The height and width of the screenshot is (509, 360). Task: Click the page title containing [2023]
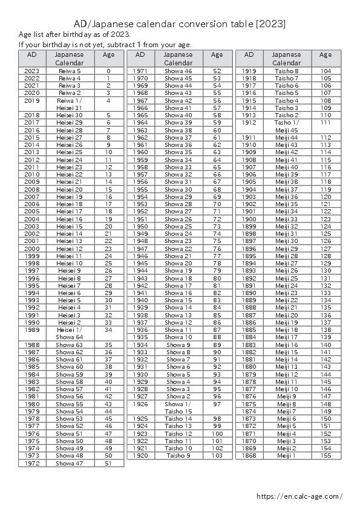(x=180, y=24)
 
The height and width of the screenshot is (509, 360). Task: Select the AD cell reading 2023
(x=32, y=71)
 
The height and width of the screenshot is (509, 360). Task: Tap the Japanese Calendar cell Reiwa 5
(x=70, y=71)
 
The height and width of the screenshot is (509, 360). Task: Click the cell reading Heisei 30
(x=70, y=115)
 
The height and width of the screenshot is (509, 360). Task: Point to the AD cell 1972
(x=32, y=463)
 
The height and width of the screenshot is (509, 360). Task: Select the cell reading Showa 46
(x=178, y=71)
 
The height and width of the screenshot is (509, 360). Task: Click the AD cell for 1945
(x=140, y=263)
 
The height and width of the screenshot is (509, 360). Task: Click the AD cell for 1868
(x=249, y=455)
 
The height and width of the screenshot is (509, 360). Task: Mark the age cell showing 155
(x=326, y=455)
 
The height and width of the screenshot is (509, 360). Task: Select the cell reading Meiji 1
(x=287, y=455)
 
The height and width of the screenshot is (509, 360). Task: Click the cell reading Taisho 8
(x=287, y=71)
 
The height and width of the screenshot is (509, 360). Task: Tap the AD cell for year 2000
(x=32, y=248)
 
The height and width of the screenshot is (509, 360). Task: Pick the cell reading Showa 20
(x=178, y=263)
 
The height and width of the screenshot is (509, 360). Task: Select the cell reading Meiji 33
(x=287, y=219)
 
